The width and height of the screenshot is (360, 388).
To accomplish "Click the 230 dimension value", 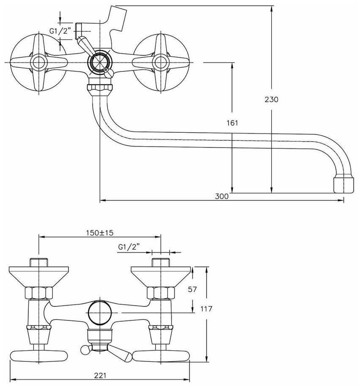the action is click(x=271, y=99).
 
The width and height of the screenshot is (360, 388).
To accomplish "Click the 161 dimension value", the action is click(x=232, y=123).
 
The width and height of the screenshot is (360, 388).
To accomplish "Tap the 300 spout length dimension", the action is click(x=222, y=197).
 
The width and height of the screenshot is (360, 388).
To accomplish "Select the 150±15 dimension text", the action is click(x=99, y=233).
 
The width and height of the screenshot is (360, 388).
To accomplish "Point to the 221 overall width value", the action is click(x=100, y=375).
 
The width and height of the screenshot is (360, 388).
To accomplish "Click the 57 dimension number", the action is click(x=192, y=289).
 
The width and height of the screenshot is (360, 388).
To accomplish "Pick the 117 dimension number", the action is click(x=206, y=309).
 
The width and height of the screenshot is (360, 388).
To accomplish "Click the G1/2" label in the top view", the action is click(x=60, y=31).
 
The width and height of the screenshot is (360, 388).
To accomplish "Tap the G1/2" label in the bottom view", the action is click(x=129, y=247).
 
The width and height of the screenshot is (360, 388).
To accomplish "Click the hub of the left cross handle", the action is click(x=39, y=62).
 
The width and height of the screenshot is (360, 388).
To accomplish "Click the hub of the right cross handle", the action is click(x=161, y=62).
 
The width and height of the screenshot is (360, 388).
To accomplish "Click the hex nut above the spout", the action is click(x=100, y=88).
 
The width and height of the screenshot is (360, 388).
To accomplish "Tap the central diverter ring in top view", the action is click(x=100, y=62).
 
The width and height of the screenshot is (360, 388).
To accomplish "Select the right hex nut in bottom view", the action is click(x=161, y=293).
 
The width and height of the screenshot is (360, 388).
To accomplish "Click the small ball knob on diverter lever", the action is click(x=85, y=350).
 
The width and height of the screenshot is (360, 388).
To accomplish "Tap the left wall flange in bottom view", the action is click(x=38, y=277).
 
